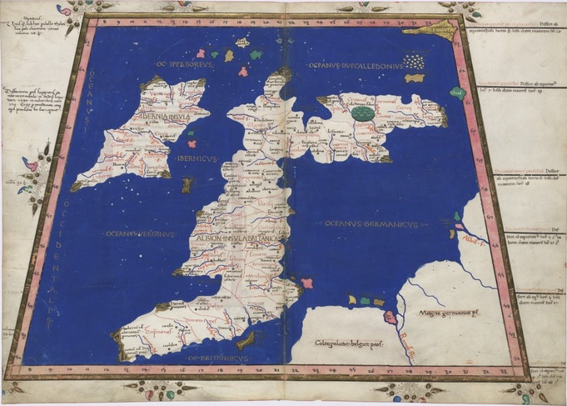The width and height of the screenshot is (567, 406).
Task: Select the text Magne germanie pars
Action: (x=450, y=314)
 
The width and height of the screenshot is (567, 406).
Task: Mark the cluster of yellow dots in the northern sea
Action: (x=413, y=62)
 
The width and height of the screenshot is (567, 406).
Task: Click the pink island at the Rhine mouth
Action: (x=390, y=317)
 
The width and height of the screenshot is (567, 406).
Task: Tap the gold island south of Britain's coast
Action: (x=246, y=340)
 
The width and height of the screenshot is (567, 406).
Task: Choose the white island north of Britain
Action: (x=242, y=42)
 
